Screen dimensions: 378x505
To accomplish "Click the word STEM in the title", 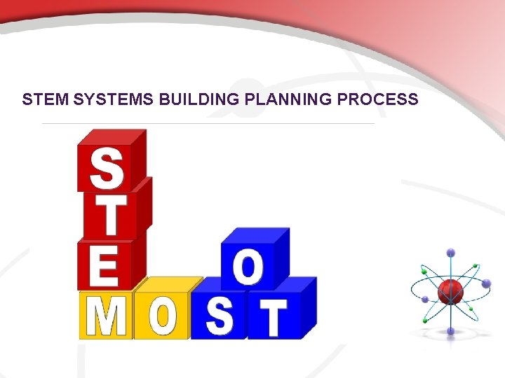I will point(46,99).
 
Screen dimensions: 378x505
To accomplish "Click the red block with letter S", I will point(105,168).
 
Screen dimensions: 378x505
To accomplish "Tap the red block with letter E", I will point(103,265).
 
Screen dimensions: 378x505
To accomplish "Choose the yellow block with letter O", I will point(161,316).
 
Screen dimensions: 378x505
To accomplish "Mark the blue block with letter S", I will point(220,316).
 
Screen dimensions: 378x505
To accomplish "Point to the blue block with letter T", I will point(274,316).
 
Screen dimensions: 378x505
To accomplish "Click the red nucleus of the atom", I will point(450,290).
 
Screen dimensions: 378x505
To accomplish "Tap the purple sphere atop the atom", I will point(450,253).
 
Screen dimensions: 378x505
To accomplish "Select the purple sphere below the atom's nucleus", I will point(450,330).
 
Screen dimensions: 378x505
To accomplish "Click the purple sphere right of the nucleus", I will point(487,283).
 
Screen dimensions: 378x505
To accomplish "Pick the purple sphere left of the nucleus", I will point(425,300).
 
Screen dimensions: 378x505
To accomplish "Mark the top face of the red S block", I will point(112,137).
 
